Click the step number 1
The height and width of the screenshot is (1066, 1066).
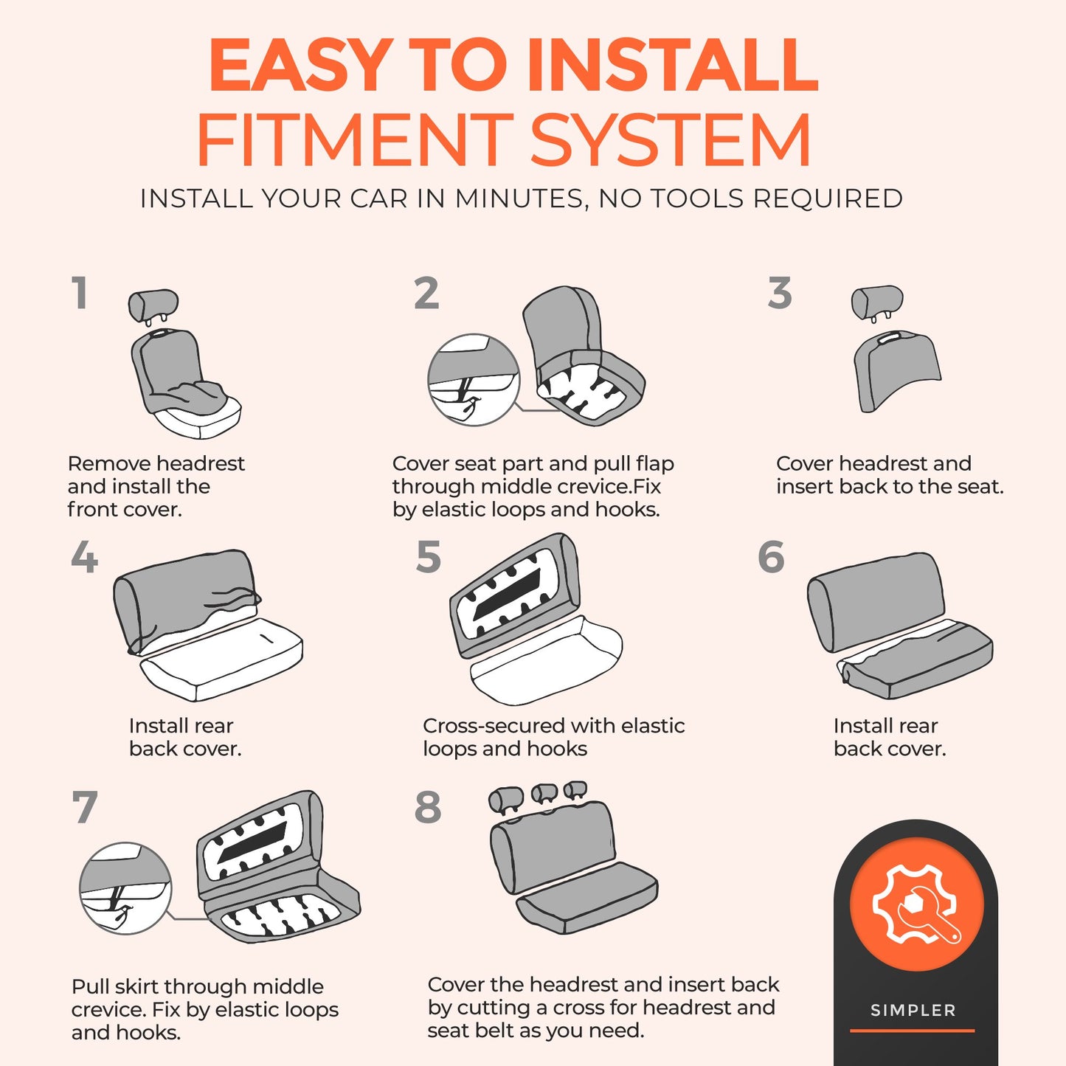pyautogui.click(x=80, y=293)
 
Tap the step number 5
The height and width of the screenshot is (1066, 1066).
pyautogui.click(x=429, y=556)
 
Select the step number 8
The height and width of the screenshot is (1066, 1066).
pyautogui.click(x=428, y=807)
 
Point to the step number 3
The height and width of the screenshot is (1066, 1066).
pyautogui.click(x=780, y=293)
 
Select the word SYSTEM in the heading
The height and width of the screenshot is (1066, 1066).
pyautogui.click(x=671, y=139)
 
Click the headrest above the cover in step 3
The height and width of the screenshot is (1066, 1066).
pyautogui.click(x=877, y=303)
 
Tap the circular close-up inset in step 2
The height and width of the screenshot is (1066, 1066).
pyautogui.click(x=474, y=379)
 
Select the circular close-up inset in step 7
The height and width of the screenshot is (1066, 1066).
pyautogui.click(x=125, y=888)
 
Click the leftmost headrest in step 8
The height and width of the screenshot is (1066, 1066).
pyautogui.click(x=506, y=800)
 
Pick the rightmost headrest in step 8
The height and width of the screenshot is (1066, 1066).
pyautogui.click(x=576, y=791)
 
